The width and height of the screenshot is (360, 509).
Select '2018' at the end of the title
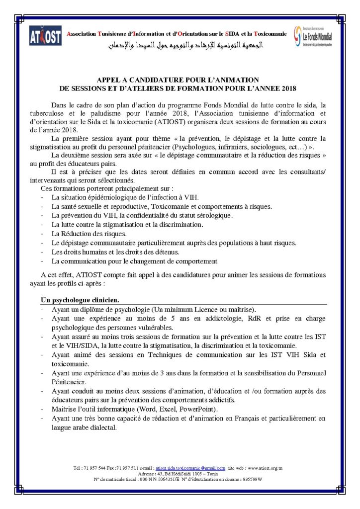point(288,88)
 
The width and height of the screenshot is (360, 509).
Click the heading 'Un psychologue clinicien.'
point(79,300)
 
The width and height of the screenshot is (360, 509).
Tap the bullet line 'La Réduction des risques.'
point(83,234)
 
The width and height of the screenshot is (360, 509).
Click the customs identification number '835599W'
point(252,479)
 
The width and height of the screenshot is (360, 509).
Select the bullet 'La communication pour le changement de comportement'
point(135,261)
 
